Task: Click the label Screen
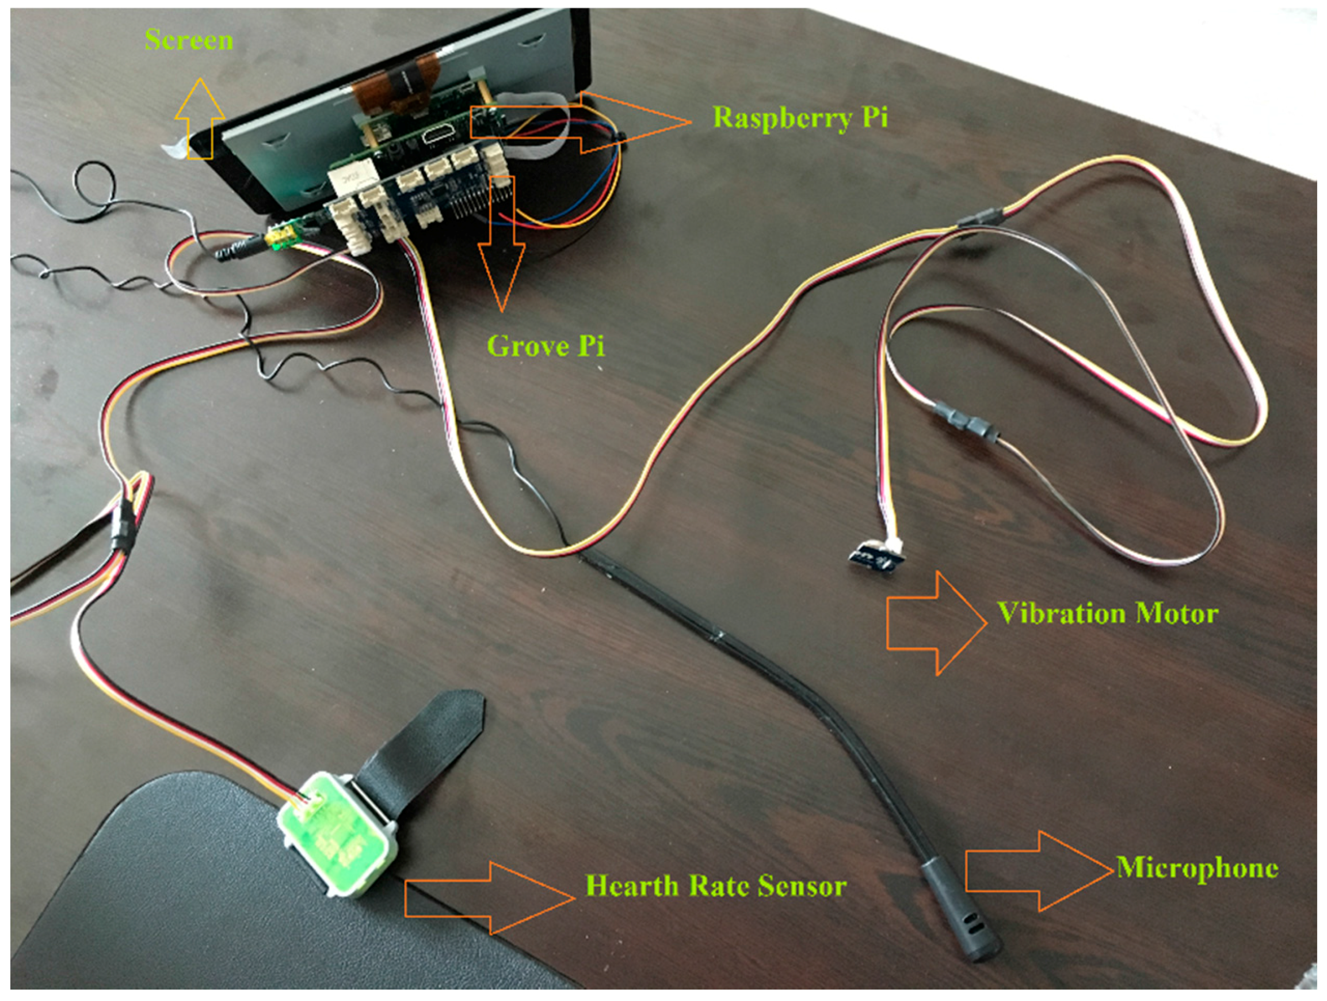(188, 40)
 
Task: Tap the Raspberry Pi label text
(800, 117)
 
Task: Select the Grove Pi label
(546, 347)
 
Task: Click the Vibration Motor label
(1107, 614)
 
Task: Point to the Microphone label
(1197, 869)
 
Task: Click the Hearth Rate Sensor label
(716, 886)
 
